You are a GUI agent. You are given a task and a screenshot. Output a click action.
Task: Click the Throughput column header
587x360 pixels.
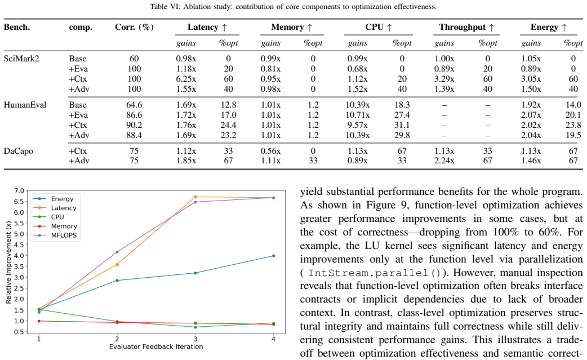point(466,27)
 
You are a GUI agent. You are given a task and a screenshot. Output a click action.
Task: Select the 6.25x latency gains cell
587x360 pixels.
point(186,79)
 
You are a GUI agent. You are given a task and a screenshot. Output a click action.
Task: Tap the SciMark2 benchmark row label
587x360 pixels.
point(21,59)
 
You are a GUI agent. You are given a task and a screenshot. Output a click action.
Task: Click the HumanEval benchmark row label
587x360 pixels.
point(25,105)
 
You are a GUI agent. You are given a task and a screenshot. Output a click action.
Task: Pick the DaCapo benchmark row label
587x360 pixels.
point(19,151)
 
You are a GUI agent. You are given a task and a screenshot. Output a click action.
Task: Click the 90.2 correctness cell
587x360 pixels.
point(134,125)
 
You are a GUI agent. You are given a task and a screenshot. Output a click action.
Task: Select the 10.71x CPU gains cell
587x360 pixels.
point(358,115)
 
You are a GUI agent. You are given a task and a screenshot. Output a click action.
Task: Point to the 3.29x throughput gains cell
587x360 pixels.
point(444,79)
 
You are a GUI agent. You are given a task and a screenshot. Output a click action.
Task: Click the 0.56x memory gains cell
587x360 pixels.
point(270,151)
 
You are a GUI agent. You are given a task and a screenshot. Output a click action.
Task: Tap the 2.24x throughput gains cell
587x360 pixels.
point(444,161)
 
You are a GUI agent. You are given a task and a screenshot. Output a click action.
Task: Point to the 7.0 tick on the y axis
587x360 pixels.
point(19,191)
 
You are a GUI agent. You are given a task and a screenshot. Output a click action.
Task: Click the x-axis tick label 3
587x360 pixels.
point(195,339)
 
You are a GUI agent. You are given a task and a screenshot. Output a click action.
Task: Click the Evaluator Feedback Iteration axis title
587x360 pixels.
point(156,347)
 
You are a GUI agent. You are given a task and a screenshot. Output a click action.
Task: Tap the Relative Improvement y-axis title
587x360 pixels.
point(8,262)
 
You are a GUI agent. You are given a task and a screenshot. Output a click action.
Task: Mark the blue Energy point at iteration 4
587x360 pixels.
point(274,256)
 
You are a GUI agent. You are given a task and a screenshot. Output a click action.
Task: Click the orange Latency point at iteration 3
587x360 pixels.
point(195,197)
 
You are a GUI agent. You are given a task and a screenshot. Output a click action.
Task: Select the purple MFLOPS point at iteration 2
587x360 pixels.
point(117,252)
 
